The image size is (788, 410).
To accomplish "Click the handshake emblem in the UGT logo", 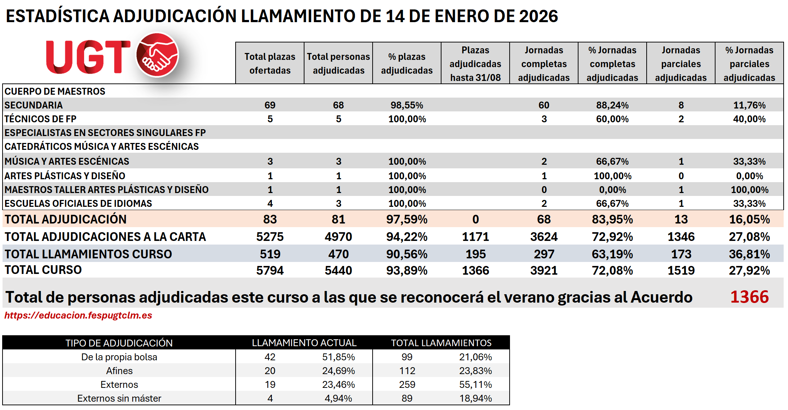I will pyautogui.click(x=157, y=55).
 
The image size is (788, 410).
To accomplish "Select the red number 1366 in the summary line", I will pyautogui.click(x=749, y=297).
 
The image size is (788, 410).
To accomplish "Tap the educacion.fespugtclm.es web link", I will pyautogui.click(x=78, y=315).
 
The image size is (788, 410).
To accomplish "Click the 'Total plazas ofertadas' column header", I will pyautogui.click(x=270, y=63).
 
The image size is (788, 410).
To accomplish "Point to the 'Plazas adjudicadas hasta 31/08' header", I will pyautogui.click(x=475, y=64).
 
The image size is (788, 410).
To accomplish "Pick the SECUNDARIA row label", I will pyautogui.click(x=34, y=105).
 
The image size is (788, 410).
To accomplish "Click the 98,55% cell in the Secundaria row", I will pyautogui.click(x=407, y=105).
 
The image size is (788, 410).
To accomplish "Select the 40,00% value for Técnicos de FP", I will pyautogui.click(x=749, y=119).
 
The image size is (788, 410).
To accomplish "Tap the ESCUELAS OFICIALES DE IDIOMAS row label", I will pyautogui.click(x=78, y=204).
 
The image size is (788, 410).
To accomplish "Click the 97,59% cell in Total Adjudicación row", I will pyautogui.click(x=407, y=220).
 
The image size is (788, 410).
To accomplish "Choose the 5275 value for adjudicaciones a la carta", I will pyautogui.click(x=270, y=237).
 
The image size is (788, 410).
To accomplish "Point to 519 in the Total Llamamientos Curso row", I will pyautogui.click(x=270, y=254).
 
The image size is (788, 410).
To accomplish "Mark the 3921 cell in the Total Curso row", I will pyautogui.click(x=544, y=271).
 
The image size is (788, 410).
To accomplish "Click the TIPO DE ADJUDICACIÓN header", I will pyautogui.click(x=119, y=343).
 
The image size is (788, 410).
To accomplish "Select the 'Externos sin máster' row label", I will pyautogui.click(x=119, y=398).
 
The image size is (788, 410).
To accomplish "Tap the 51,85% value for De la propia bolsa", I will pyautogui.click(x=338, y=357).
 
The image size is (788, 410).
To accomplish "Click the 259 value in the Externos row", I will pyautogui.click(x=407, y=385).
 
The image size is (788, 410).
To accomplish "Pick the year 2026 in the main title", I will pyautogui.click(x=538, y=16).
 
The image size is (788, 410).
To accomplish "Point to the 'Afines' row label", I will pyautogui.click(x=119, y=371).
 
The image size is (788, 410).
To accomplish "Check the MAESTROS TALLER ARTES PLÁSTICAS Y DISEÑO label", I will pyautogui.click(x=107, y=190).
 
